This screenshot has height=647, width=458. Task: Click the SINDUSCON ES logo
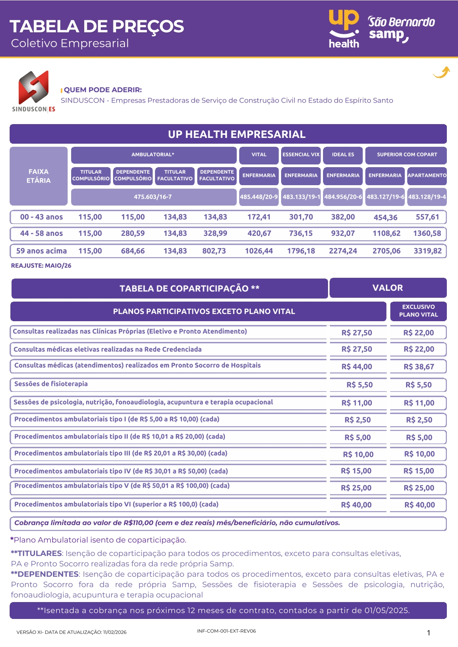34,91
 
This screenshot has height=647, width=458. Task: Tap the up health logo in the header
344,29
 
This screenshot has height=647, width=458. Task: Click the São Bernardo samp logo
401,29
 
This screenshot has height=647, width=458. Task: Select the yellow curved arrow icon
441,72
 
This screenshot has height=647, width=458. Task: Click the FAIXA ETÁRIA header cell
38,176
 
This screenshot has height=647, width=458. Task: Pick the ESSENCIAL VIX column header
301,154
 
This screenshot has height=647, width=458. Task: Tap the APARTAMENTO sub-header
427,175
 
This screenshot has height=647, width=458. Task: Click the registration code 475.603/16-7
153,197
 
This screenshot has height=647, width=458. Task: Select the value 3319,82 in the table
428,251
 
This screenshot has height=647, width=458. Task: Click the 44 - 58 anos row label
41,233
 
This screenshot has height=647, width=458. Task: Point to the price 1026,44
259,251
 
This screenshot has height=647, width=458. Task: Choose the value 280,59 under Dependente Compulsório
133,233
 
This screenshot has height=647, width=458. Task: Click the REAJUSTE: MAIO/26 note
41,265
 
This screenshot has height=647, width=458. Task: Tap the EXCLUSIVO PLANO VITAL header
418,311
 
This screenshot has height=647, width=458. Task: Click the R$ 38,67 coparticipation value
419,367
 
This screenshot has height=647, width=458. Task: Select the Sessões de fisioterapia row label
51,384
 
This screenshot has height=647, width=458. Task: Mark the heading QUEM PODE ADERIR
103,90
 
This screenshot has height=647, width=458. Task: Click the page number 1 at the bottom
428,633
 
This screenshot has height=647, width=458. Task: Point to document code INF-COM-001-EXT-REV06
226,631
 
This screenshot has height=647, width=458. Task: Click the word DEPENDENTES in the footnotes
48,574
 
